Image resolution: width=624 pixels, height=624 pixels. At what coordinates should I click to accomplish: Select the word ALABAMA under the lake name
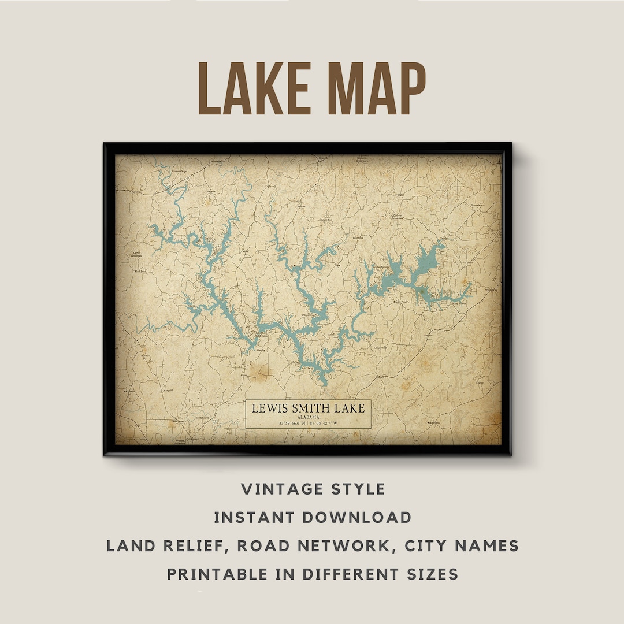coord(308,417)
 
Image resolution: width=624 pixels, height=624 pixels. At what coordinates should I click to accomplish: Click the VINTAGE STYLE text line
coord(313,489)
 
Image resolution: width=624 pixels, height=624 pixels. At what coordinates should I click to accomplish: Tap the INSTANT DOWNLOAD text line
coord(313,517)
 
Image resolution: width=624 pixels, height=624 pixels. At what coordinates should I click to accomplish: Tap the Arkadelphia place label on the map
coord(433,423)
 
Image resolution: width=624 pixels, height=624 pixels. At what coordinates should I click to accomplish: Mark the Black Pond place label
coord(140,271)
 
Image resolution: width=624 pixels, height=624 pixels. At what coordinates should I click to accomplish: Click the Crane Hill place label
coord(358,237)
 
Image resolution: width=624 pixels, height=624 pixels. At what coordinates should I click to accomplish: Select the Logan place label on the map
coord(400,195)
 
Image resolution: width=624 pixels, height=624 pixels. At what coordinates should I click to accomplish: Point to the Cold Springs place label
coord(380,348)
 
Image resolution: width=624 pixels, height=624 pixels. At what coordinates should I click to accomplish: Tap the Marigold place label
coord(169,391)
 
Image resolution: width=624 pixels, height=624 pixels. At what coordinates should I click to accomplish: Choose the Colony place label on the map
coord(480,382)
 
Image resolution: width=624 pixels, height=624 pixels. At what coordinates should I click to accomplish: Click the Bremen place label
coord(428,335)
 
